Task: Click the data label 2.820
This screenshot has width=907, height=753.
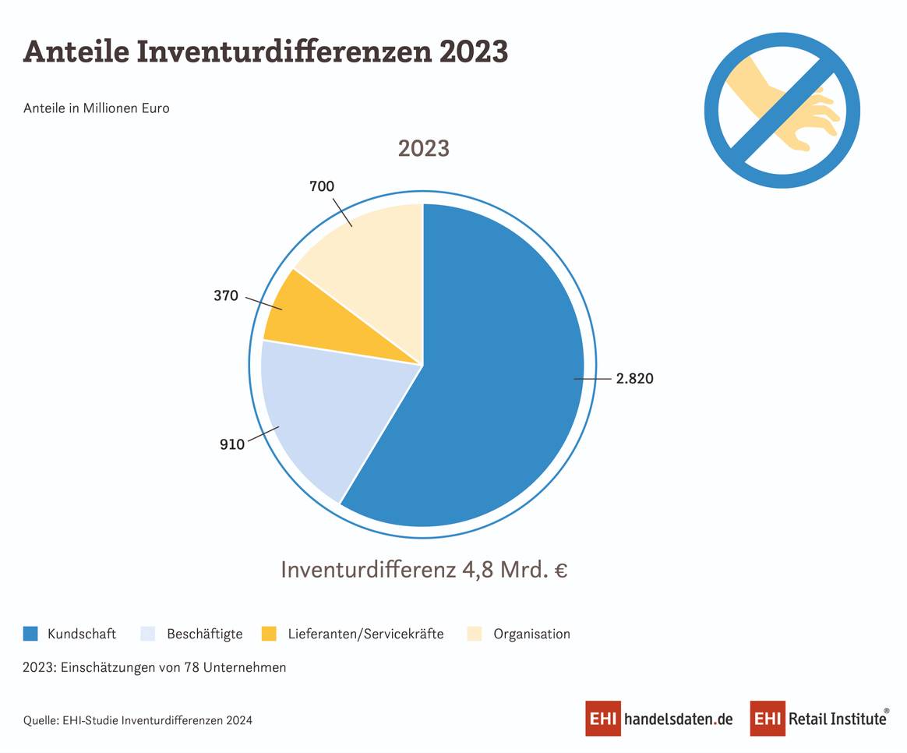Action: [633, 379]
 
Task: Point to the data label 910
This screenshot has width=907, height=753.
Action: [231, 444]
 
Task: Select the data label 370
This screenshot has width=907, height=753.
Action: [226, 296]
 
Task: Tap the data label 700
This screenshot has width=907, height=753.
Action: [322, 186]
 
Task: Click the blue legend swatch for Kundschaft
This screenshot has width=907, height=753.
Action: [31, 634]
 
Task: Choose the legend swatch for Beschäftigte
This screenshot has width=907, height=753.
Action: [148, 634]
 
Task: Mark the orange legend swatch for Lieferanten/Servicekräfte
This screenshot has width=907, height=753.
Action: [269, 634]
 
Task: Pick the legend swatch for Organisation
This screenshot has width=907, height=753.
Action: [475, 634]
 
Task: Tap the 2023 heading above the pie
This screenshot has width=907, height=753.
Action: [423, 148]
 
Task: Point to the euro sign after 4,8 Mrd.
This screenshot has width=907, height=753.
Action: [560, 570]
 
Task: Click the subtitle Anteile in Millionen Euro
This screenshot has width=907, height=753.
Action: [97, 108]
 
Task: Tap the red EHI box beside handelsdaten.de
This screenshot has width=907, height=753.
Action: [603, 719]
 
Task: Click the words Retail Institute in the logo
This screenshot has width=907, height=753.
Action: [838, 719]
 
